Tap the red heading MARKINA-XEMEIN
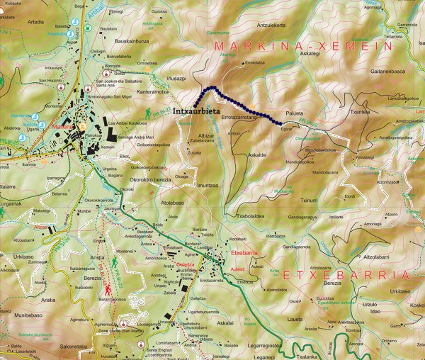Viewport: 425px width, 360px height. [x=302, y=45]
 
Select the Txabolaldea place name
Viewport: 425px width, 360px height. [x=251, y=215]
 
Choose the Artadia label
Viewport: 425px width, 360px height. [x=35, y=22]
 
